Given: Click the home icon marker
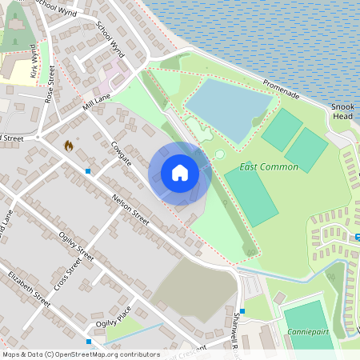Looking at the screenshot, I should tap(179, 173).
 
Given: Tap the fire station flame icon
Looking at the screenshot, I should tap(68, 146).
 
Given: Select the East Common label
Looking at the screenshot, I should tap(269, 167).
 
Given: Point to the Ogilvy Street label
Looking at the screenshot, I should tap(77, 246).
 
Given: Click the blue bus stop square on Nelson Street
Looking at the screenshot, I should tap(88, 171).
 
